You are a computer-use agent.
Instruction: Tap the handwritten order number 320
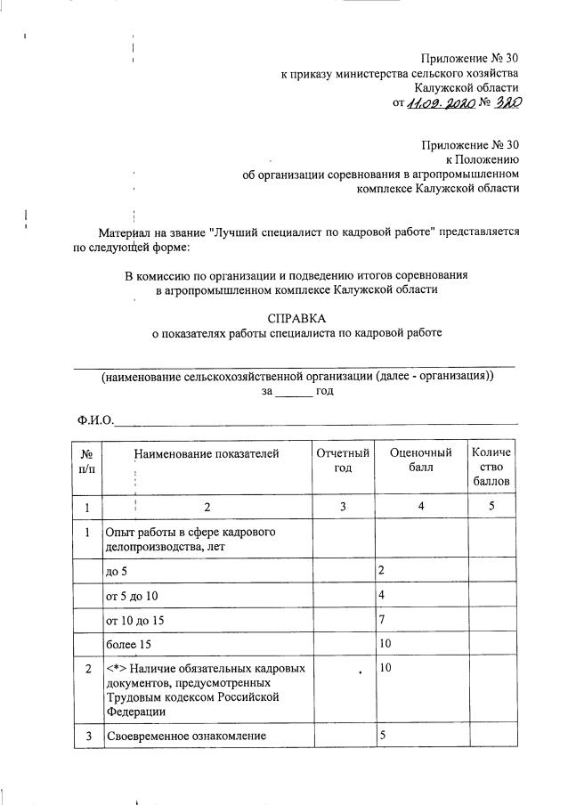pos(504,102)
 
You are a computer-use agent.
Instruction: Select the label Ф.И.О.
pos(94,420)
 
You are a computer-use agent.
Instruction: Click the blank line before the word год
pos(293,391)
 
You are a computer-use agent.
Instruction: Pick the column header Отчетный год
pos(343,461)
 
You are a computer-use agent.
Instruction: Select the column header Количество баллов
pos(492,468)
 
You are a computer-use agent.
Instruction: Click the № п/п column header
pos(87,461)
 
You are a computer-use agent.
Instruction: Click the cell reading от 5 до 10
pos(134,594)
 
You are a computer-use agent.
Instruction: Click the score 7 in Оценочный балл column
pos(382,618)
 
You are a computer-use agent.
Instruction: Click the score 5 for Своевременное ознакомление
pos(382,736)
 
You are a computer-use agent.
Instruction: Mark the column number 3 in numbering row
pos(343,508)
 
